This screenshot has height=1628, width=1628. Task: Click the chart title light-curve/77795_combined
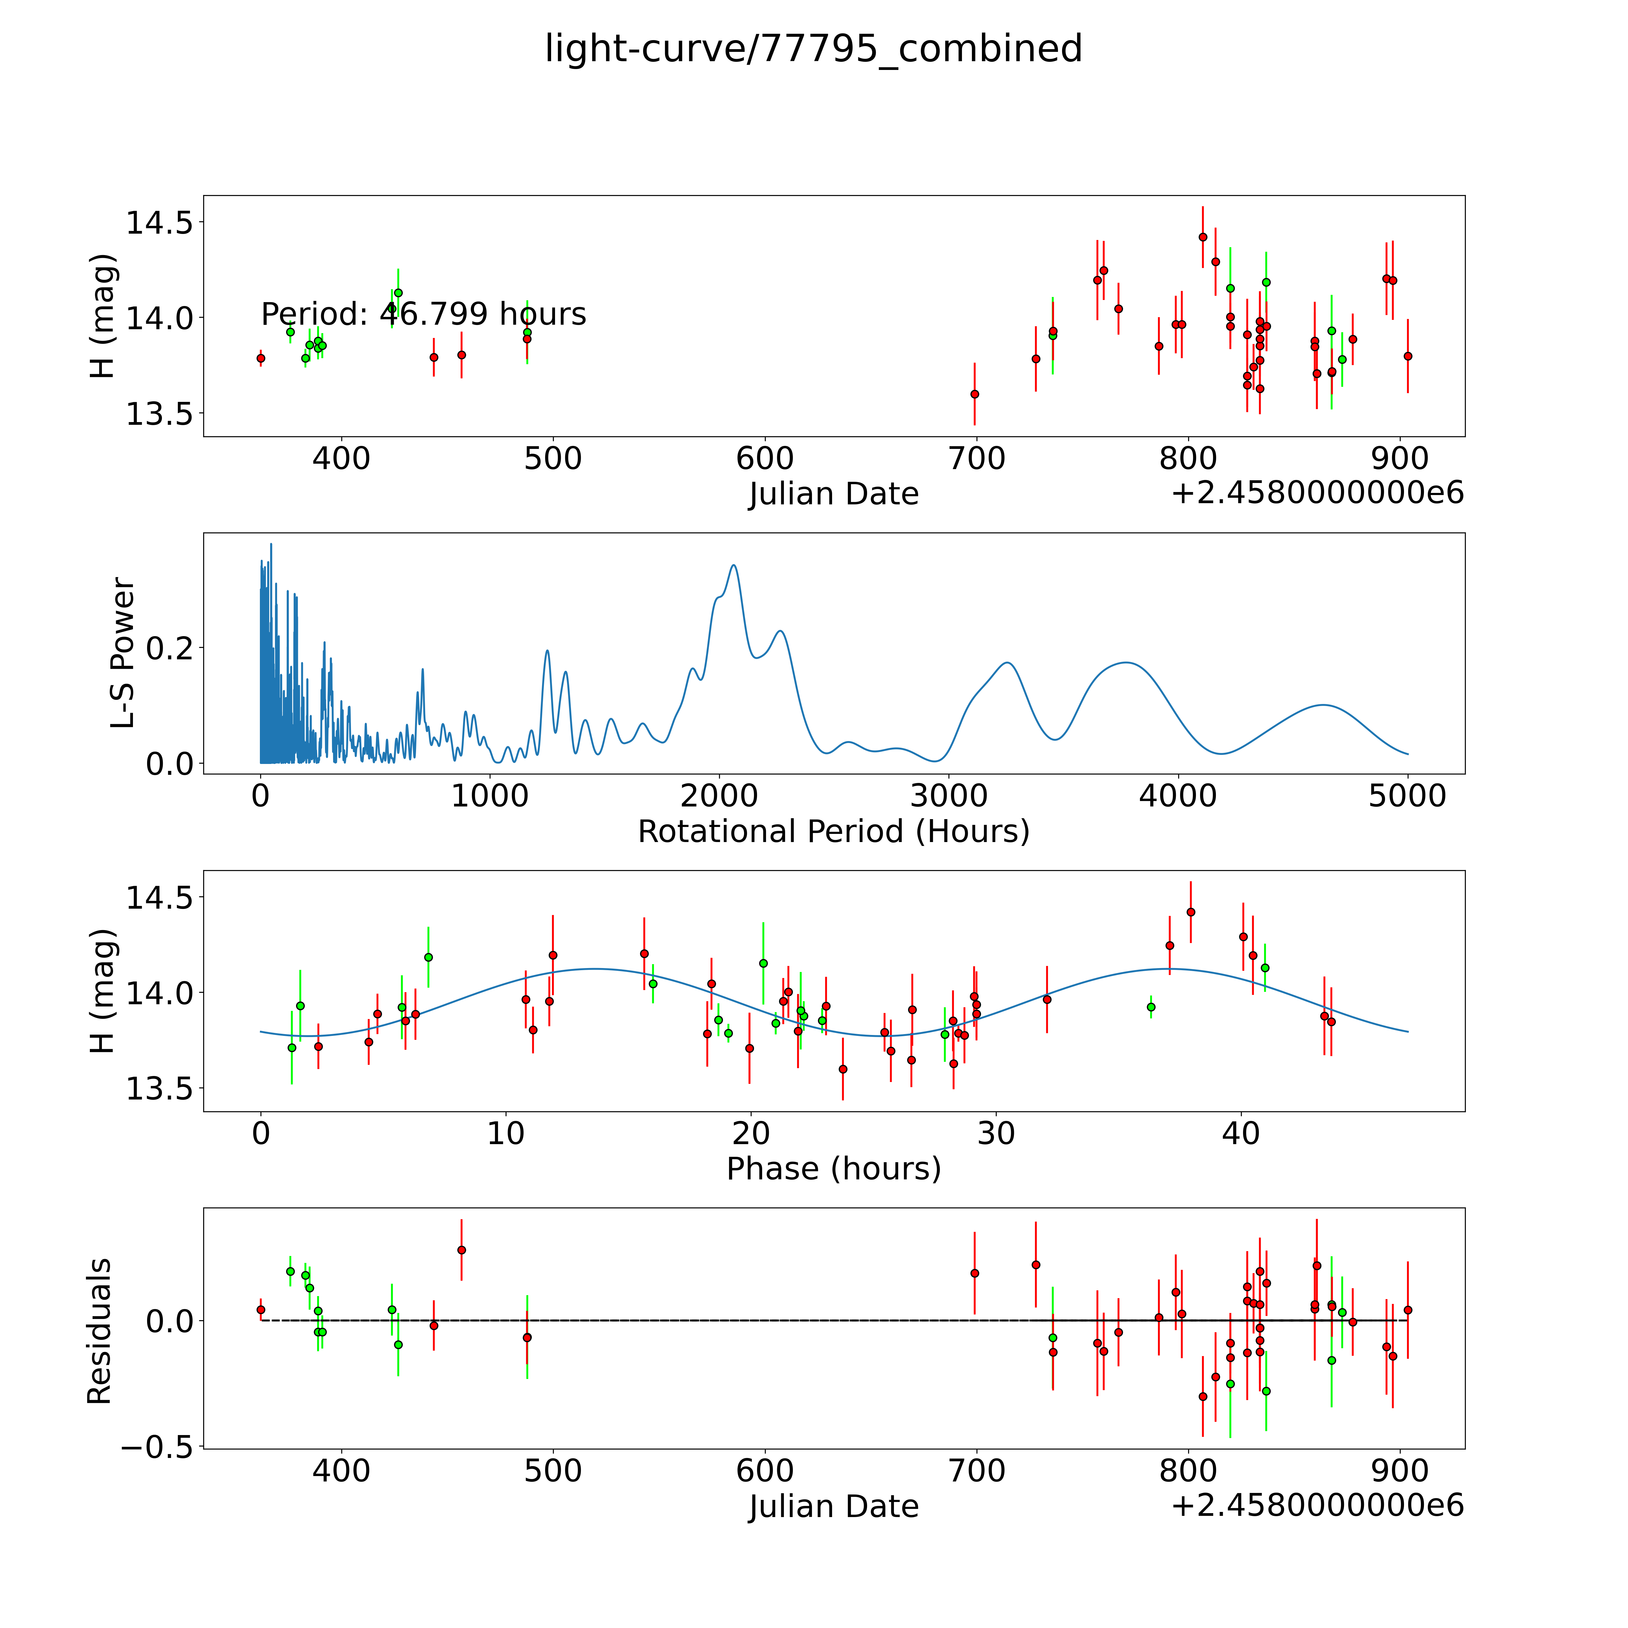pos(813,49)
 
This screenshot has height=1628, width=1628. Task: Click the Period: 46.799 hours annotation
pos(423,314)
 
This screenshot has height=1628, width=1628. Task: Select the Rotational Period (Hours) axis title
pos(833,832)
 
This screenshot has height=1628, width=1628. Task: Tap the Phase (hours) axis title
pos(833,1169)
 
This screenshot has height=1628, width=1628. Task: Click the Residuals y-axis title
pos(99,1331)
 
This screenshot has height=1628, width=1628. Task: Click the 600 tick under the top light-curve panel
pos(765,459)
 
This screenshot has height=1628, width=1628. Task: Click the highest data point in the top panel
pos(1203,237)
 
